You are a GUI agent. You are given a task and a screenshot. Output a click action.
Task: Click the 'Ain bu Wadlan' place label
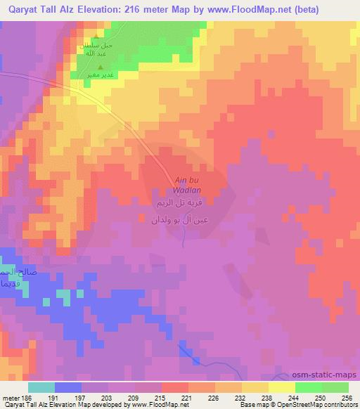[188, 185]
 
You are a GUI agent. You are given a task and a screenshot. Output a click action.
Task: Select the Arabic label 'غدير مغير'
[98, 74]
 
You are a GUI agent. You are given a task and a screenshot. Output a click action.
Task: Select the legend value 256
[345, 397]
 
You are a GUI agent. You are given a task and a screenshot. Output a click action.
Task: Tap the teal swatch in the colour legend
[41, 387]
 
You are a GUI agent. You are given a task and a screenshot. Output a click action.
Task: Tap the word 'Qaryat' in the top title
[19, 9]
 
